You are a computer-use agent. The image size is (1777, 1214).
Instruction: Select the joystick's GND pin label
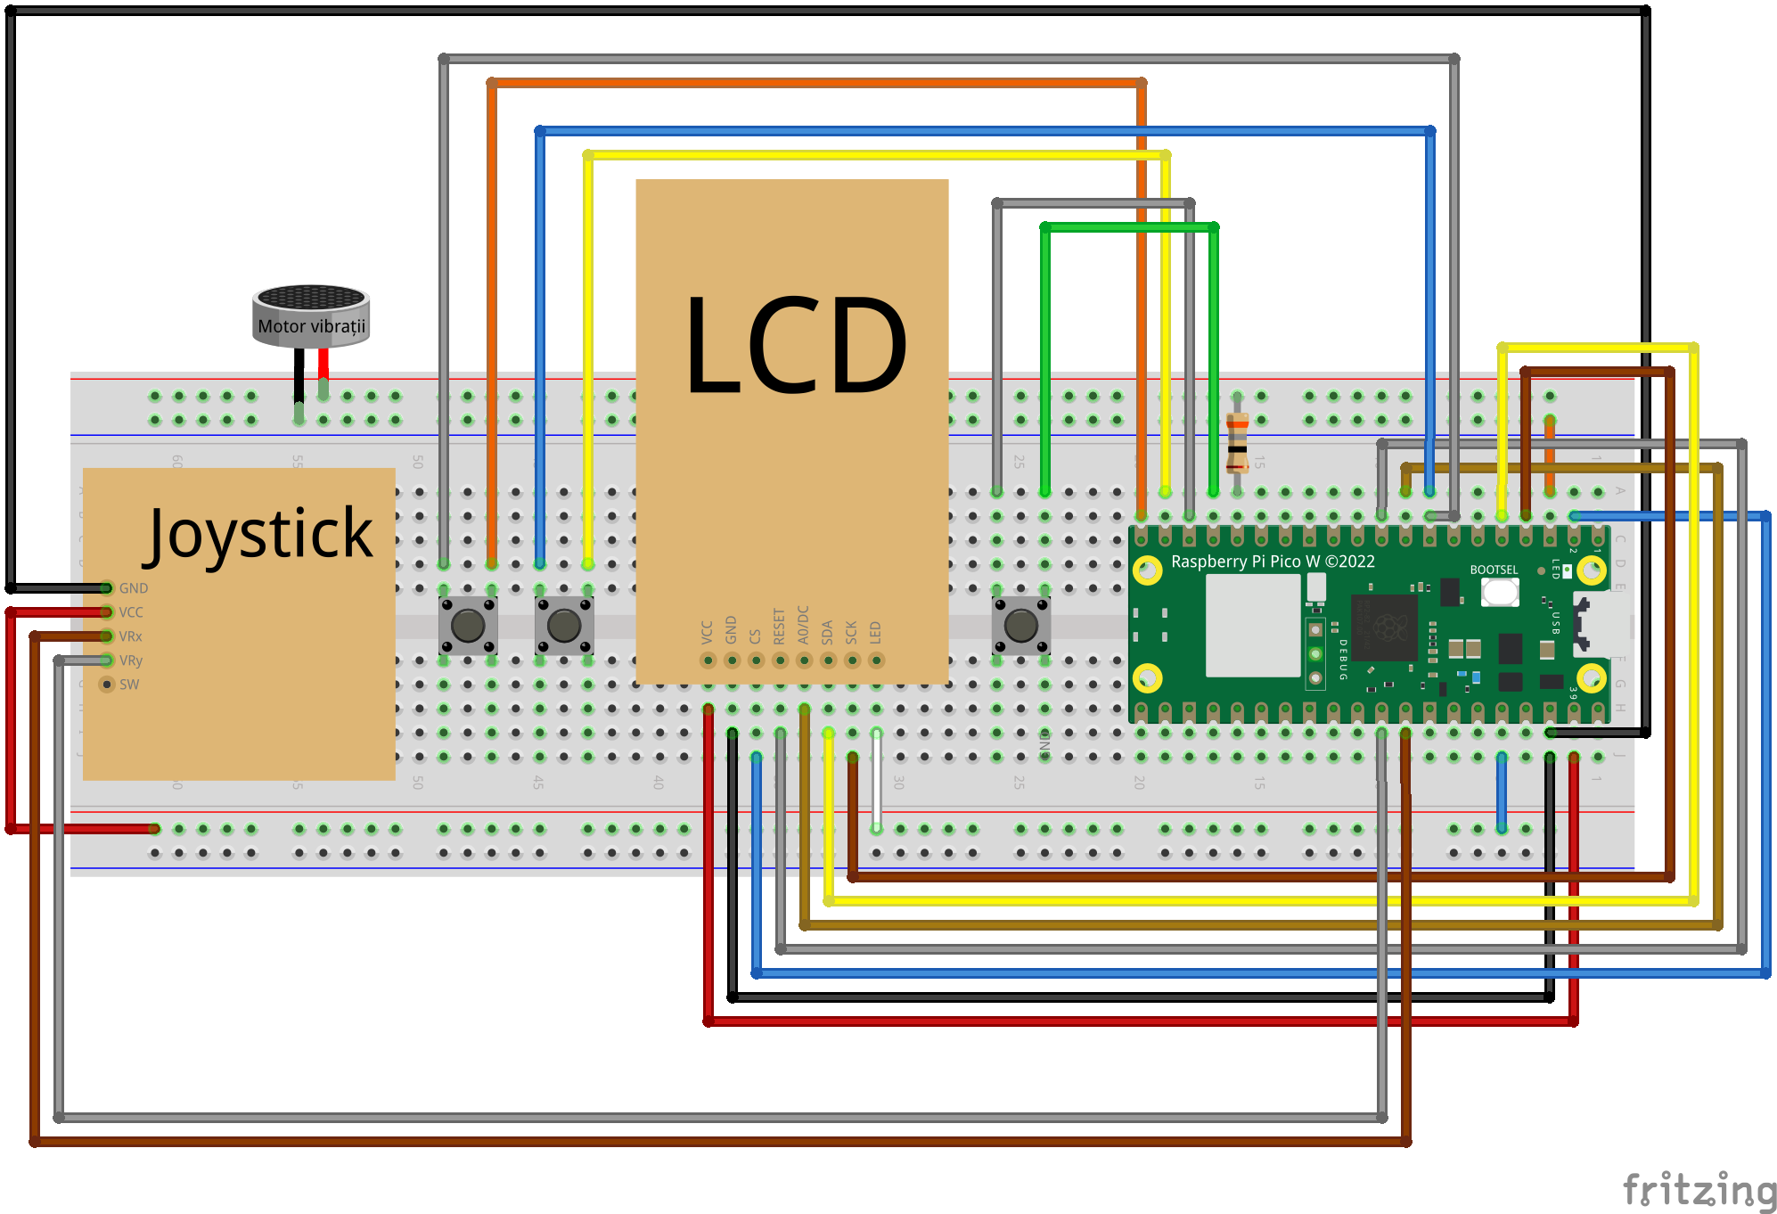(x=134, y=588)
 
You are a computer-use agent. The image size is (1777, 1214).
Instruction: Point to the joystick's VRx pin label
(x=131, y=636)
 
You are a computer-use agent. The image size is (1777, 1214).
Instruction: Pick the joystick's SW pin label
(x=129, y=685)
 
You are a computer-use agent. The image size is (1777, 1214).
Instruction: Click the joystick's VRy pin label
(x=131, y=660)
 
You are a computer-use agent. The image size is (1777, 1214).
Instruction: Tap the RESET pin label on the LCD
(x=780, y=627)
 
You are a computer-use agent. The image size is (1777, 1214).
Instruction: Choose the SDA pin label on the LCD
(x=828, y=632)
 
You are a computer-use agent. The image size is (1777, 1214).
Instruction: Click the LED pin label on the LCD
(x=876, y=632)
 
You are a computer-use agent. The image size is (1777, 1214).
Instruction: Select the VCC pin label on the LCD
(x=708, y=632)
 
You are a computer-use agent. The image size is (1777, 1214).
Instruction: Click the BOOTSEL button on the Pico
(x=1500, y=591)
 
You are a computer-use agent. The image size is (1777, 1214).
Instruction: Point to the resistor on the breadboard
(x=1237, y=441)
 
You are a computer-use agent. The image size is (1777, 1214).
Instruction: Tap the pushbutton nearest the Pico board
(x=1020, y=625)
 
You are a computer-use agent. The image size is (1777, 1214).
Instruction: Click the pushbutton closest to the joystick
(x=468, y=625)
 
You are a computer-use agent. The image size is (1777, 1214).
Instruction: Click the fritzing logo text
(x=1699, y=1190)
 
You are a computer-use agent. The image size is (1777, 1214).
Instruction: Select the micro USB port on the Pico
(x=1604, y=624)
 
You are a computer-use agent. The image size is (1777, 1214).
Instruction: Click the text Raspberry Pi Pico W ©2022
(x=1273, y=562)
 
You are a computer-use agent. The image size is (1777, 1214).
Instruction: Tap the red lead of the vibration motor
(x=323, y=365)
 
